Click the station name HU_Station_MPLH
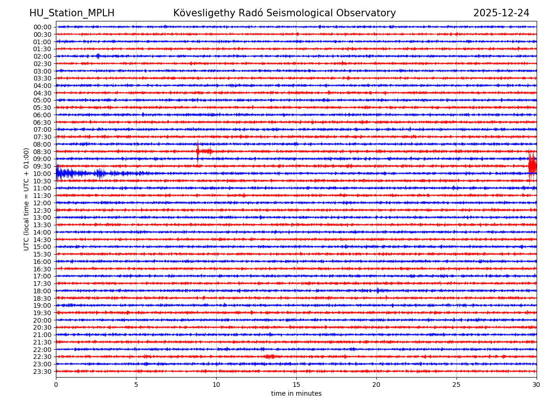[x=72, y=13]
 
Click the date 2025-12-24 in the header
[x=501, y=13]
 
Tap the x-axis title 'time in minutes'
[x=296, y=393]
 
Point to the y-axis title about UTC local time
[x=27, y=199]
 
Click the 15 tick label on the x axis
[x=296, y=385]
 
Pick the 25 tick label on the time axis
[x=457, y=385]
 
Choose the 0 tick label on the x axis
[x=56, y=385]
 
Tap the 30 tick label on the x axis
[x=537, y=385]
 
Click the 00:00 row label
[x=42, y=27]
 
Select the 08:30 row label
[x=42, y=152]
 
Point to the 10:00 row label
[x=42, y=174]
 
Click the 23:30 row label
[x=42, y=372]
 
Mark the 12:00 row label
[x=42, y=203]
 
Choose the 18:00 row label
[x=42, y=291]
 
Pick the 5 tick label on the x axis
[x=136, y=385]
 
